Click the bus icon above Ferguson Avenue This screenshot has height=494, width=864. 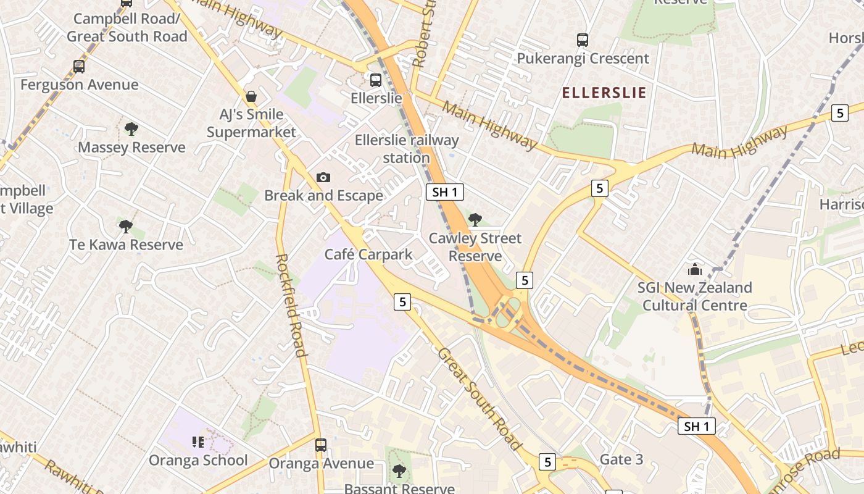(78, 66)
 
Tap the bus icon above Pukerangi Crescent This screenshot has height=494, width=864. (582, 40)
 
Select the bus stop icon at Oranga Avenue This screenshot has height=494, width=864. (320, 445)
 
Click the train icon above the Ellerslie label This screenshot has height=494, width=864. (375, 80)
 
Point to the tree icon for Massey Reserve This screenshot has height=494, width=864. (131, 129)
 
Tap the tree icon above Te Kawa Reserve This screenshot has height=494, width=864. (126, 226)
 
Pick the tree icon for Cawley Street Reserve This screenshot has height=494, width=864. (475, 219)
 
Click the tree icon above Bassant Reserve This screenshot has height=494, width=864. (399, 471)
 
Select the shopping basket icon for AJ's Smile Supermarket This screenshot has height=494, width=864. (251, 96)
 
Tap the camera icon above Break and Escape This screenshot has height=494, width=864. (323, 178)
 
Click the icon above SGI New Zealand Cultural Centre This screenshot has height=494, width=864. (695, 269)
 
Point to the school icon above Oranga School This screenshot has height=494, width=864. (197, 442)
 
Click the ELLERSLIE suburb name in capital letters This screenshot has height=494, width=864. (604, 93)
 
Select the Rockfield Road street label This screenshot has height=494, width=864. (291, 305)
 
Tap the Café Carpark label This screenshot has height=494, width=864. (368, 254)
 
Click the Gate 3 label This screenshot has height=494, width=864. (621, 459)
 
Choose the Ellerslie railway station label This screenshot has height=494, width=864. (407, 149)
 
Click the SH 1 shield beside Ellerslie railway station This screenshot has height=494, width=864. (445, 192)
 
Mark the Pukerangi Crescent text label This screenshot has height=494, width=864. (583, 59)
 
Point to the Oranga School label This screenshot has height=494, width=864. (198, 460)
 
